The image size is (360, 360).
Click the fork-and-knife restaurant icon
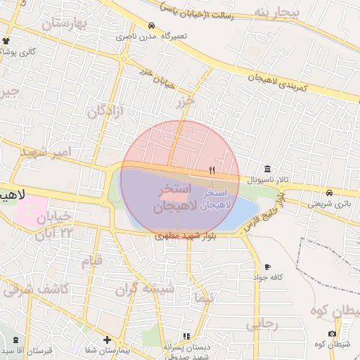pyautogui.click(x=212, y=170)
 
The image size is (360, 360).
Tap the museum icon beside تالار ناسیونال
pyautogui.click(x=267, y=169)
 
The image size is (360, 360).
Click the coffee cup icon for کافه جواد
pyautogui.click(x=267, y=266)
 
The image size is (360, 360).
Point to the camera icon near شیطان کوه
pyautogui.click(x=332, y=333)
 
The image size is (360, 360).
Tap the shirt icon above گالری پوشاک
pyautogui.click(x=7, y=41)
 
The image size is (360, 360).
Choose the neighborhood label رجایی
pyautogui.click(x=262, y=325)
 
